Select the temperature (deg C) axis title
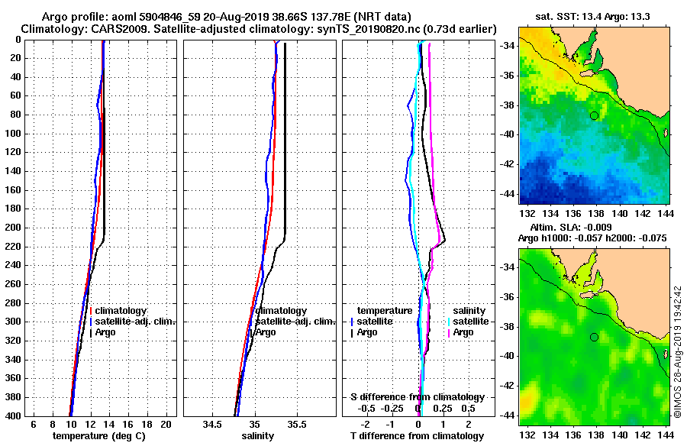pos(100,436)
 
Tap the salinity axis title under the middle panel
pos(257,436)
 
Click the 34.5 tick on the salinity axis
pos(212,424)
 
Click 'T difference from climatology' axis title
pos(417,436)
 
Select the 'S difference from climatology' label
pos(417,397)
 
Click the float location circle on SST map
pos(594,115)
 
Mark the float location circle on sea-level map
pos(594,337)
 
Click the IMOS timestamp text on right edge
pos(678,351)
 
